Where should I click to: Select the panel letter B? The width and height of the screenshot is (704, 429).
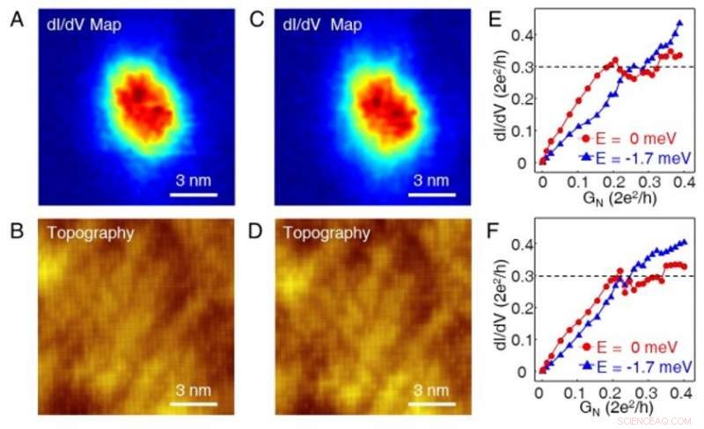(x=17, y=229)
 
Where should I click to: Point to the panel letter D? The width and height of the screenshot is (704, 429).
(x=257, y=229)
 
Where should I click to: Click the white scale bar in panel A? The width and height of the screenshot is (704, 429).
(x=193, y=194)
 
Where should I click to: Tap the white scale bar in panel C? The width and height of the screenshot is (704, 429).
(x=430, y=194)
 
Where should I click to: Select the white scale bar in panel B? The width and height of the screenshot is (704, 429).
(x=193, y=404)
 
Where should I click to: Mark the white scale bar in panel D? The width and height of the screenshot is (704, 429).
(x=430, y=404)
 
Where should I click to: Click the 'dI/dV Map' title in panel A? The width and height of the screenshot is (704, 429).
(x=84, y=25)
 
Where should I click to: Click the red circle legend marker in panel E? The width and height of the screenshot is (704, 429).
(x=586, y=138)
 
